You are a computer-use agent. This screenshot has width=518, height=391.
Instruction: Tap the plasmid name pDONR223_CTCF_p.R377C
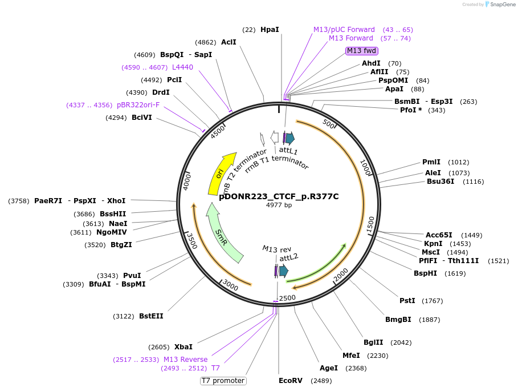point(279,196)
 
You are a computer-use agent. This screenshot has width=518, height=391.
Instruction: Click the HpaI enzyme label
point(270,29)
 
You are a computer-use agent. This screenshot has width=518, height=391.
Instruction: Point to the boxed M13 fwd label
point(362,51)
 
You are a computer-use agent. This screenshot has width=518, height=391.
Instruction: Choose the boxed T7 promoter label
point(223,381)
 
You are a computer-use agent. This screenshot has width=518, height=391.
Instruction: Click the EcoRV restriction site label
point(291,381)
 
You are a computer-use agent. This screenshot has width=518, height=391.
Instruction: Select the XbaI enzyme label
point(183,347)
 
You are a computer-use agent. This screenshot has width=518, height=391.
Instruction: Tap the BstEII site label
point(151,316)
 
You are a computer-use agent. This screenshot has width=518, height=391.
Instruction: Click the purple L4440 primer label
point(182,67)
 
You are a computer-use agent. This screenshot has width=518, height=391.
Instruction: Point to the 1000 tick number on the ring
point(365,168)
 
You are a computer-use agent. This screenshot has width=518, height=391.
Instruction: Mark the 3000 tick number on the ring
point(230,284)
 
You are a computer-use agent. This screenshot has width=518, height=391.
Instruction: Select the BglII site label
point(373,342)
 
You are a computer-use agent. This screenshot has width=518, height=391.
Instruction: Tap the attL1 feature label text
point(288,150)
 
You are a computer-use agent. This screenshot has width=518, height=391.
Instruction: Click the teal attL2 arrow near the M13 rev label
point(283,272)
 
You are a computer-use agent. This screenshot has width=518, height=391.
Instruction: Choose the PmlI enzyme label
point(431,162)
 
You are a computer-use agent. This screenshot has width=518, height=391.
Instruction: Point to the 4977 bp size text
point(279,205)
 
